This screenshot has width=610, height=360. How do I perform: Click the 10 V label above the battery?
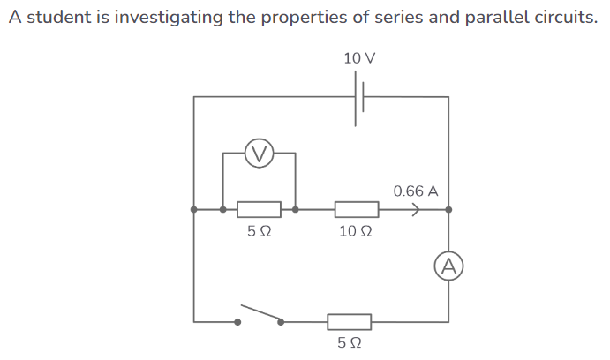click(359, 58)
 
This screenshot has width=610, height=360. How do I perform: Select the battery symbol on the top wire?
click(360, 97)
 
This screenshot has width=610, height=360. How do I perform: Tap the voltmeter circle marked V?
click(258, 154)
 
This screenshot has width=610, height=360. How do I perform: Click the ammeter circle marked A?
click(448, 266)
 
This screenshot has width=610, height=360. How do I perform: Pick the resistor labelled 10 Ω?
click(357, 210)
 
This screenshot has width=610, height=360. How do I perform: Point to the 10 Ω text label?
click(356, 232)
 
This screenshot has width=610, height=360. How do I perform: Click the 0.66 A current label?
click(416, 191)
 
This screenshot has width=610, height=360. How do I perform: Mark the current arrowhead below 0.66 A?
click(415, 210)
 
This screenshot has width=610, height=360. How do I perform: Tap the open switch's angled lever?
click(261, 314)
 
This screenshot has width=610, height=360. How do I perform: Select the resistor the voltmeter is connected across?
click(260, 210)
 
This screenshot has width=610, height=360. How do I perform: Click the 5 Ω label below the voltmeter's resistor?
click(259, 232)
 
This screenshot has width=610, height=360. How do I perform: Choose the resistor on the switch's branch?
click(349, 321)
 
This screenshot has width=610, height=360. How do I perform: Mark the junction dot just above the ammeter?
click(448, 210)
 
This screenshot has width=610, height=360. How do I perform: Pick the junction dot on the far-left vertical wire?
click(194, 210)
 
